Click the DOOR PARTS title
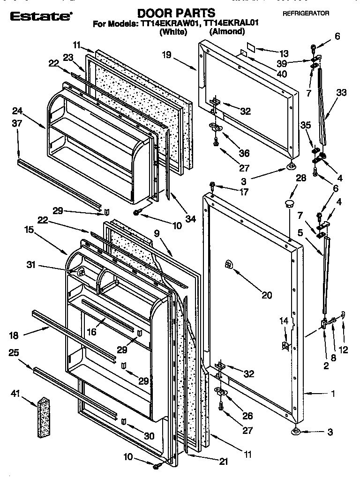[176, 13]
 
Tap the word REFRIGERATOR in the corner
[306, 14]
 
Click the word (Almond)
[227, 31]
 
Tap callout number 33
[341, 92]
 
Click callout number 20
[266, 295]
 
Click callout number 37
[17, 123]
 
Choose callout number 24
[17, 111]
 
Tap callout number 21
[223, 462]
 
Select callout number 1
[332, 394]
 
